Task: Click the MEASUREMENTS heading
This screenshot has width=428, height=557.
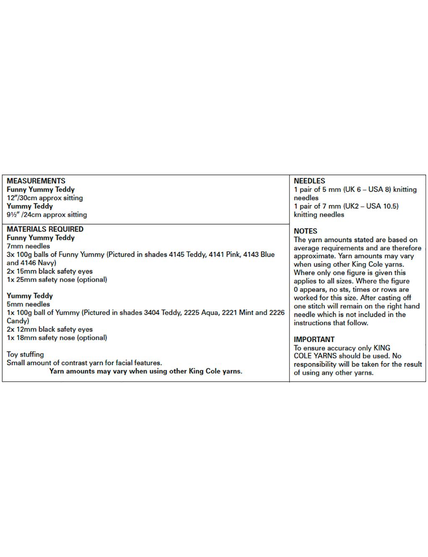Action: pyautogui.click(x=36, y=181)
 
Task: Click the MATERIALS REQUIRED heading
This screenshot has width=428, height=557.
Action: pyautogui.click(x=45, y=229)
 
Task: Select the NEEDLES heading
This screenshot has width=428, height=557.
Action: pyautogui.click(x=309, y=181)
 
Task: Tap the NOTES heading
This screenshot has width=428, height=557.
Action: pyautogui.click(x=305, y=231)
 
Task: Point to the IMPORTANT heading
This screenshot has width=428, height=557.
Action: pyautogui.click(x=314, y=339)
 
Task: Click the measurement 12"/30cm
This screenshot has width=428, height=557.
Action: pyautogui.click(x=22, y=198)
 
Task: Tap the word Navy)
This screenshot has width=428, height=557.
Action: pyautogui.click(x=47, y=263)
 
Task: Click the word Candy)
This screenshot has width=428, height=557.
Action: pyautogui.click(x=18, y=321)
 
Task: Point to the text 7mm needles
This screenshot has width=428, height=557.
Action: pyautogui.click(x=28, y=246)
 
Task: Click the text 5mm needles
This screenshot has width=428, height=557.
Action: pyautogui.click(x=28, y=304)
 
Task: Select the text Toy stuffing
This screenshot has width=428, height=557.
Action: pyautogui.click(x=25, y=355)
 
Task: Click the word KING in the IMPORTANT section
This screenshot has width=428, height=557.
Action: pyautogui.click(x=382, y=348)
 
